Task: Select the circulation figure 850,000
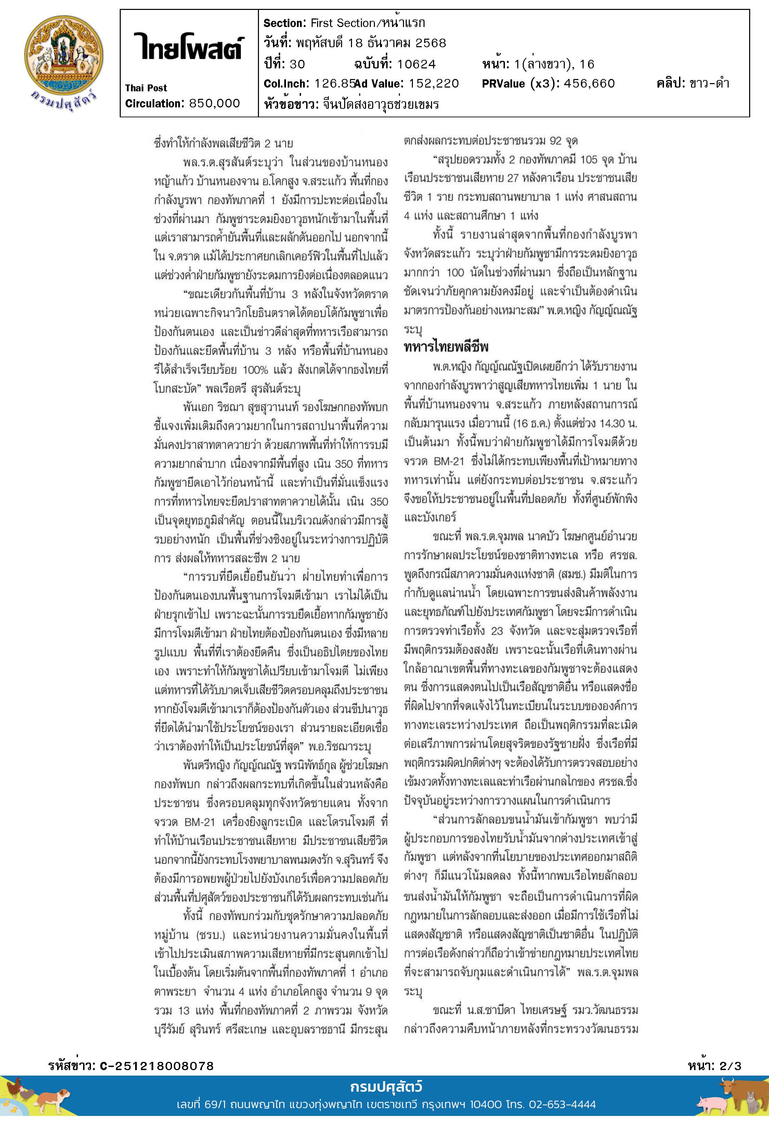tap(214, 103)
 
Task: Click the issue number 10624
tap(416, 64)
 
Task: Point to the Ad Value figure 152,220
tap(434, 84)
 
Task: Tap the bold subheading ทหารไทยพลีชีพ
tap(446, 347)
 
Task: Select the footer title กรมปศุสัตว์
tap(386, 1087)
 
